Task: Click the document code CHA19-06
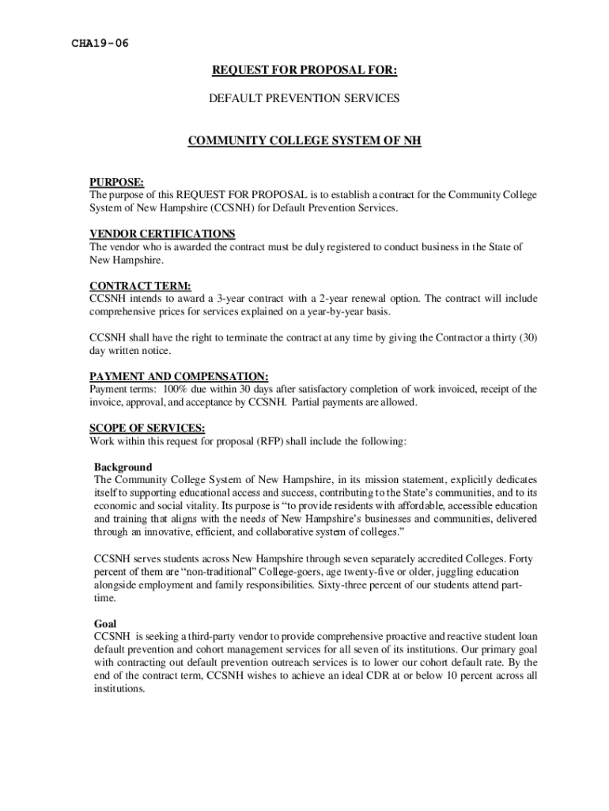[x=100, y=43]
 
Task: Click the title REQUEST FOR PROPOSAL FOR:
[x=304, y=71]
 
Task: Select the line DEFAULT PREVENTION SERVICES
[x=304, y=99]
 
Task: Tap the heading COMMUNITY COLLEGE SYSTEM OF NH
[x=304, y=142]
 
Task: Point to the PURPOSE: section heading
[x=116, y=182]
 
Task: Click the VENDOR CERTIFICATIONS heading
[x=162, y=234]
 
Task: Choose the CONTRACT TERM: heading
[x=140, y=285]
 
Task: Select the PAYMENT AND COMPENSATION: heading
[x=179, y=376]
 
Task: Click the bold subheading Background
[x=123, y=466]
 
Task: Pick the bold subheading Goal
[x=105, y=623]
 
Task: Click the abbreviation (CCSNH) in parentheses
[x=235, y=208]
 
